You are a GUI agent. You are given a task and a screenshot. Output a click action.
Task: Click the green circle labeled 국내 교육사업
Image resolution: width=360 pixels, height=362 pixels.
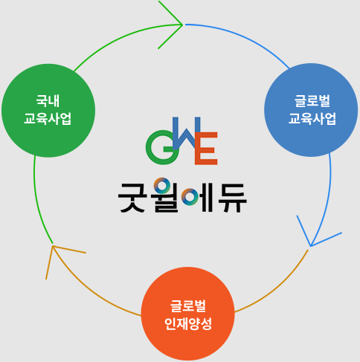(48, 111)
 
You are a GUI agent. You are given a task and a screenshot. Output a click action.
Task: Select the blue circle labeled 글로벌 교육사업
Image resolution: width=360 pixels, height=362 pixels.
(311, 110)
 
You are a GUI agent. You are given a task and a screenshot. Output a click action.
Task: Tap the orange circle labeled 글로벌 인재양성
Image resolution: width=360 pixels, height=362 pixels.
(187, 314)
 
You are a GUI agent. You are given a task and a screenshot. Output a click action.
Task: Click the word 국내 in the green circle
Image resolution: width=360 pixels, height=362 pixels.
(48, 101)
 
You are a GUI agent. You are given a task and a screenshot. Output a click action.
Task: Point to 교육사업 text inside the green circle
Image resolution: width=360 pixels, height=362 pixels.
(48, 119)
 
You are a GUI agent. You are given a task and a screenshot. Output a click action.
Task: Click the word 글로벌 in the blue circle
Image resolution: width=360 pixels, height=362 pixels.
(312, 101)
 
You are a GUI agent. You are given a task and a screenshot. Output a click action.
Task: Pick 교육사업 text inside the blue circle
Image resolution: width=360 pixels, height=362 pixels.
(312, 119)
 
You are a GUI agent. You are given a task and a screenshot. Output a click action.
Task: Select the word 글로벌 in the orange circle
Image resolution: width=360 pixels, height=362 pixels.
(188, 306)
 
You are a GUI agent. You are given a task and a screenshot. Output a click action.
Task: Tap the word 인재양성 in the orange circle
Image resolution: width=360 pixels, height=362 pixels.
(188, 324)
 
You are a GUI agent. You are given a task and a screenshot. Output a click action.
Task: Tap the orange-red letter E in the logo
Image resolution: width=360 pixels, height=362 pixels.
(206, 148)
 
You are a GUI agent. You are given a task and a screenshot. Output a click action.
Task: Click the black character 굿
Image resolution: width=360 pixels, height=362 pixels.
(132, 198)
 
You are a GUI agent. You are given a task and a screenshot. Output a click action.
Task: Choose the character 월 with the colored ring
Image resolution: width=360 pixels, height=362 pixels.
(166, 195)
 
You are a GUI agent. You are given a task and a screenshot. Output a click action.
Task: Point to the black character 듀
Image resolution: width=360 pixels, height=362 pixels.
(232, 198)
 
